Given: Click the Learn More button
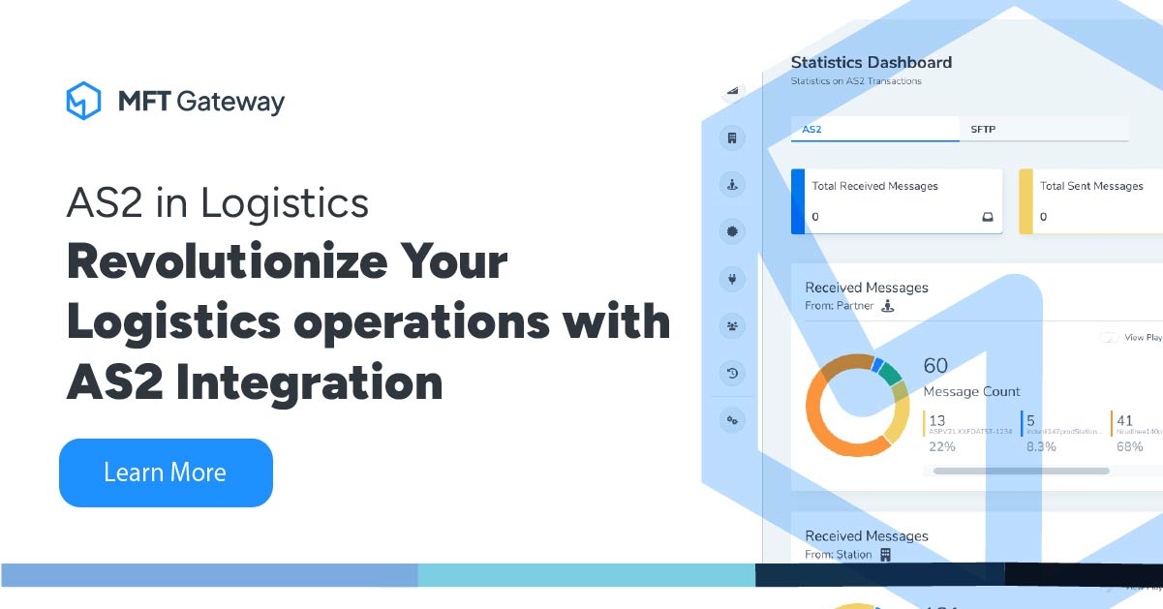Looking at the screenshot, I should point(166,472).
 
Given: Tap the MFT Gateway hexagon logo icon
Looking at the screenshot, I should point(83,101).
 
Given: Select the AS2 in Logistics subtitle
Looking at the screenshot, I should point(217,203).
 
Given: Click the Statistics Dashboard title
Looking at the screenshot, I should point(871,63).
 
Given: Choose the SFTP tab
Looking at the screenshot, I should point(984,129).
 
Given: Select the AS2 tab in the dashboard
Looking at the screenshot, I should point(811,129).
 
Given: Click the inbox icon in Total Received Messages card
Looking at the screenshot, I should point(987,217).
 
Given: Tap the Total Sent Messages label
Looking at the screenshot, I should point(1091,186).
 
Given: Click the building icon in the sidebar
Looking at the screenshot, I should point(732,138).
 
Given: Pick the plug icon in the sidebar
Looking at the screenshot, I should point(732,280).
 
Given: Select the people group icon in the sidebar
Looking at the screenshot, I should point(732,326).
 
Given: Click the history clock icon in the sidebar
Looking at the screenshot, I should point(732,373).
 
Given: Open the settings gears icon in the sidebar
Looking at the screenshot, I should point(732,419).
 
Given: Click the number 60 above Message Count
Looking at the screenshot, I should point(935,366).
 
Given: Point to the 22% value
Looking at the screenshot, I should point(941,446).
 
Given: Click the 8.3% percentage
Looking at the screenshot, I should point(1040,446).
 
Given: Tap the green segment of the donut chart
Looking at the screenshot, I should point(889,375).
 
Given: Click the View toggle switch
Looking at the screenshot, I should point(1109,338).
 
